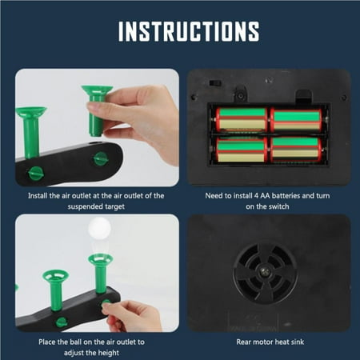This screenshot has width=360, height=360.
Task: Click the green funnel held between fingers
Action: [x=97, y=109]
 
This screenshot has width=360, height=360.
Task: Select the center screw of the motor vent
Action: [x=266, y=274]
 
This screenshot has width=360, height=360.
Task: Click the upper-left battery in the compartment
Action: [x=242, y=119]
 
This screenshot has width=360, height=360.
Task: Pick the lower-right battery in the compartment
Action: [x=295, y=149]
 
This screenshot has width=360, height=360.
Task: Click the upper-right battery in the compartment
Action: [x=295, y=119]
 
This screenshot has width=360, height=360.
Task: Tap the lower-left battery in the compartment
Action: [x=242, y=149]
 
